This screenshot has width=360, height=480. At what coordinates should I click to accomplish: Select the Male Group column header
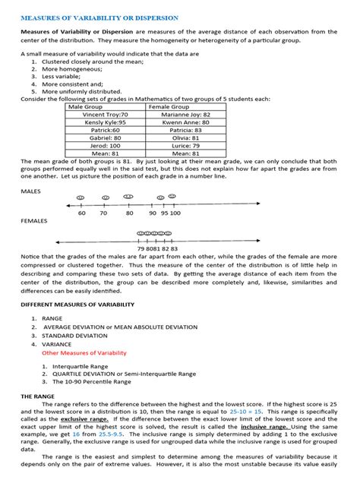tap(88, 107)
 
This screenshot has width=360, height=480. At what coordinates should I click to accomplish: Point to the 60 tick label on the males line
tap(81, 213)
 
